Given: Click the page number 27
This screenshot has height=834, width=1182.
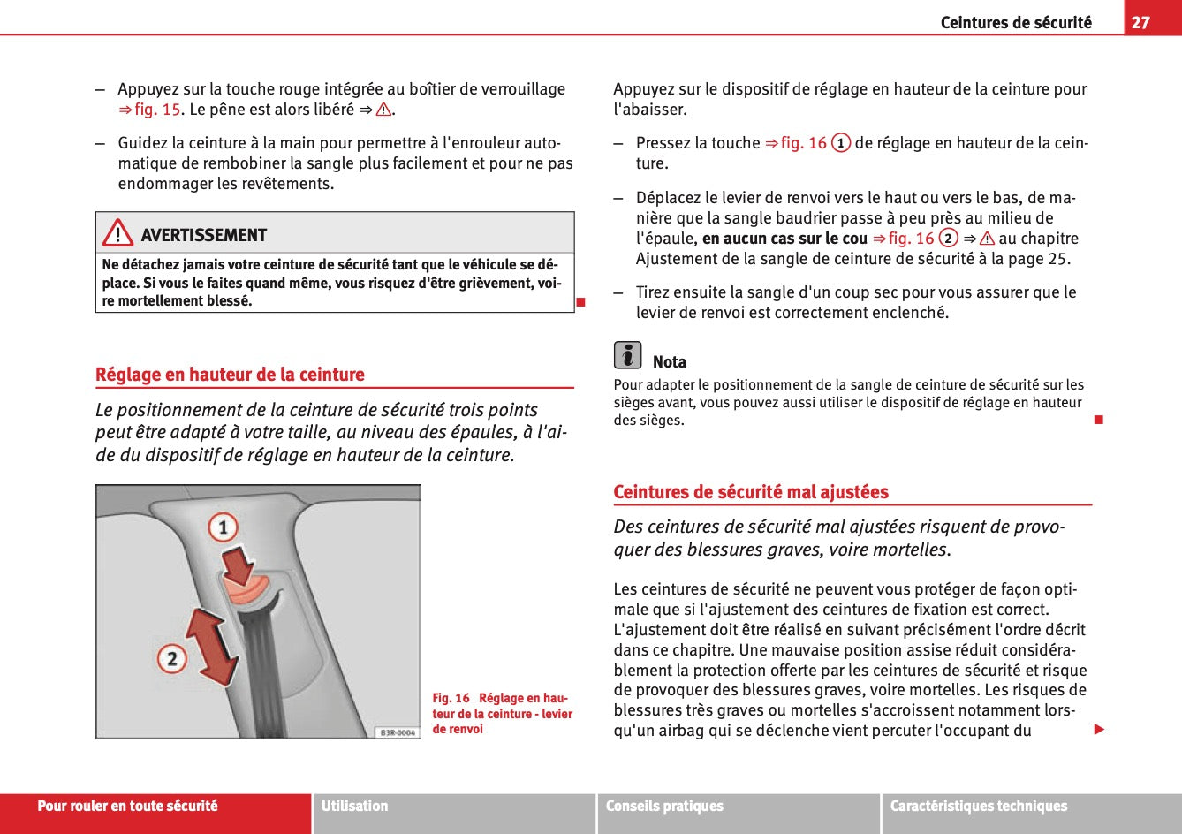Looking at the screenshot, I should point(1140,22).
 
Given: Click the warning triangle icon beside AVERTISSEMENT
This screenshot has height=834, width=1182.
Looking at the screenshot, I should point(117,234).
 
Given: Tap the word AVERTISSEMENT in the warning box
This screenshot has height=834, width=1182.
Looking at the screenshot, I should point(203,235).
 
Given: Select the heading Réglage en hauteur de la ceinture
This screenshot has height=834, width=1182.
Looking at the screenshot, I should point(230,375).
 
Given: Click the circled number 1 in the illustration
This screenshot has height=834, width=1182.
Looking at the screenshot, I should point(223,528).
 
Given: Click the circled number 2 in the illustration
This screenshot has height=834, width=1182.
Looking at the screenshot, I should point(171,658).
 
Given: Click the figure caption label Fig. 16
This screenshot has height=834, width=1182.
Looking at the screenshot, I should point(451,699).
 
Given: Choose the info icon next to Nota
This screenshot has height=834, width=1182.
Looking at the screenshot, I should point(627,355).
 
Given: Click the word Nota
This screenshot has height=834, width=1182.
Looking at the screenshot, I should point(669,362).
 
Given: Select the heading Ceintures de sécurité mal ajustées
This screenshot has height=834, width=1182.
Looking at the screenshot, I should point(751,492).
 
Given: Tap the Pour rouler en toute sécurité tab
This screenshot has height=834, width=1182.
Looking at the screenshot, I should point(127,806).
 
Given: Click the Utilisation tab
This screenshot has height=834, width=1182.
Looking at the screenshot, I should point(354,806).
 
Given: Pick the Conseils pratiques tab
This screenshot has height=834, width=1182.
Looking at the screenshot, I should point(664,806).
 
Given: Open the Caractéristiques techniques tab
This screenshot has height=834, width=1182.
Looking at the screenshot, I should point(978,806).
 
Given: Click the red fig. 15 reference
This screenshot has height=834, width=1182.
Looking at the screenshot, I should point(156,110).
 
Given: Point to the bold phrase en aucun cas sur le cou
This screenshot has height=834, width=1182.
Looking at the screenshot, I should point(784,239).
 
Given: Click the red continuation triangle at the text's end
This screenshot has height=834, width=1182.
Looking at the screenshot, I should point(1099,729).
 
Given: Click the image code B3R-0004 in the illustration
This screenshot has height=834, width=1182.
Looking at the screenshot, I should point(397,732).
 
